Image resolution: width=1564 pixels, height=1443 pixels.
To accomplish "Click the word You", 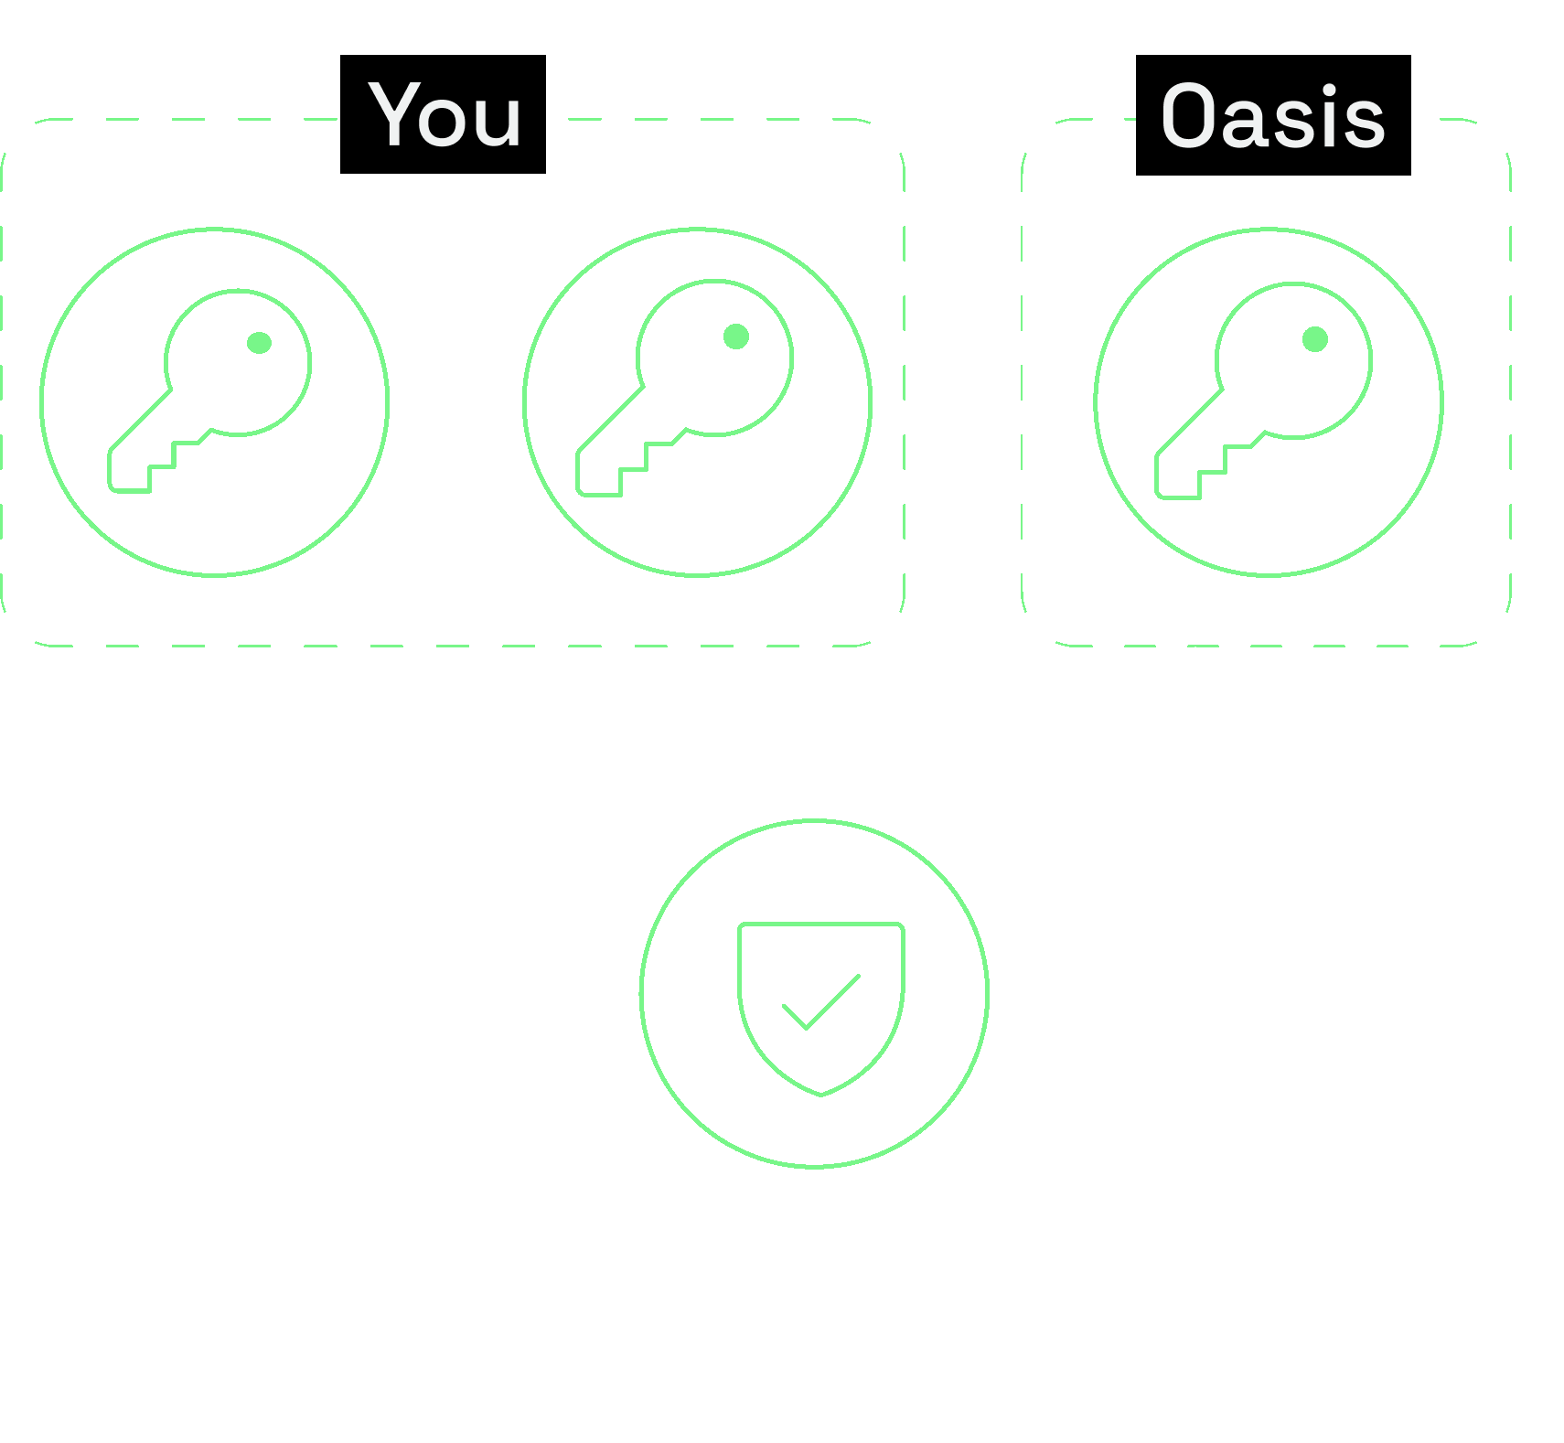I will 445,115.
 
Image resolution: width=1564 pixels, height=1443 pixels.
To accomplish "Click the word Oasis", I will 1272,117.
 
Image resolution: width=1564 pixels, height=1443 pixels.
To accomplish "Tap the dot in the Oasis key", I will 1314,339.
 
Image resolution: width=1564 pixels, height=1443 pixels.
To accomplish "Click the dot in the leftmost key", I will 259,343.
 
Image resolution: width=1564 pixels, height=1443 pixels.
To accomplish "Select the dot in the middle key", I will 735,337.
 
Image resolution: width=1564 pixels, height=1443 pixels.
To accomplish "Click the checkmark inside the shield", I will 820,1002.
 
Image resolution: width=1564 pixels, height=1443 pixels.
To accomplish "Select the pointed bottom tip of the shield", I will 821,1093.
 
